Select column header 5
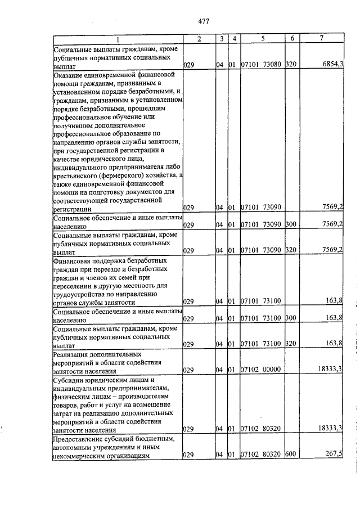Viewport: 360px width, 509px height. pyautogui.click(x=262, y=38)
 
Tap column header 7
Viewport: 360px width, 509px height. pyautogui.click(x=321, y=38)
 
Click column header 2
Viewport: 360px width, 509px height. pyautogui.click(x=199, y=38)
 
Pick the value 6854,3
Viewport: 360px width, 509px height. pyautogui.click(x=332, y=65)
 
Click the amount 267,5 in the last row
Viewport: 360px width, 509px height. pyautogui.click(x=334, y=454)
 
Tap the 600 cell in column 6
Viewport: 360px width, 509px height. pyautogui.click(x=290, y=454)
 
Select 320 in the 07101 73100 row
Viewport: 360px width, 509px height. pyautogui.click(x=290, y=344)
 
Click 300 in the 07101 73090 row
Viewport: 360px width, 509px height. pyautogui.click(x=290, y=224)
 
